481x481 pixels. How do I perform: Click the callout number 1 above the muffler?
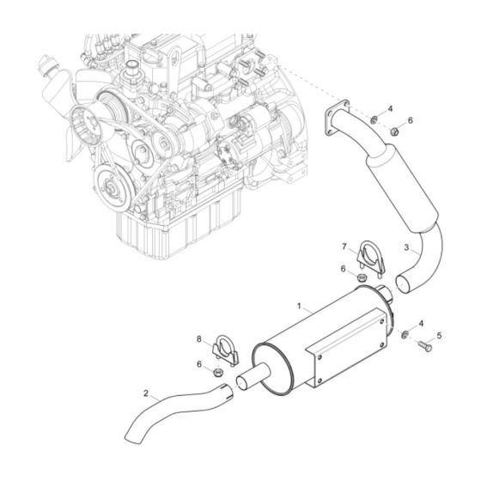click(298, 306)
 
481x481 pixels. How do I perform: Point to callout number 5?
click(440, 336)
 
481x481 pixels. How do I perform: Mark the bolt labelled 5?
click(424, 347)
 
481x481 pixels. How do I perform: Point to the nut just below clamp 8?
click(218, 371)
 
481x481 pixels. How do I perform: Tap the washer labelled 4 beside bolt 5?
click(405, 332)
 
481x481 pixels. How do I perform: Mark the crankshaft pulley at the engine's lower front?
click(109, 184)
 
